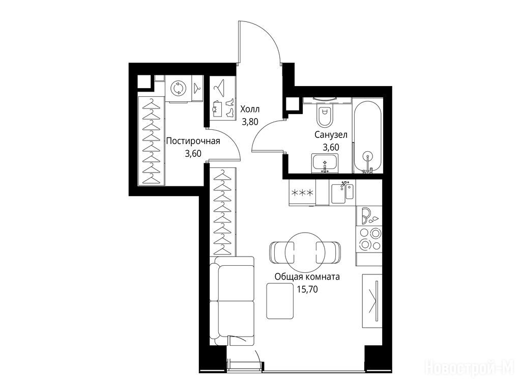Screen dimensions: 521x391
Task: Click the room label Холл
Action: (250, 109)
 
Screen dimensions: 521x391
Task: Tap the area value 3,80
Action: (250, 122)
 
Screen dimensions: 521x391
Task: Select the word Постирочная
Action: (193, 141)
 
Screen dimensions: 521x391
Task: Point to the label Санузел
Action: (331, 134)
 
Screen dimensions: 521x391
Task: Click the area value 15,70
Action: (307, 289)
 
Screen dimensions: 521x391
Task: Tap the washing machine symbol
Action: (179, 88)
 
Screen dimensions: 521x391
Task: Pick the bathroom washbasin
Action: (325, 163)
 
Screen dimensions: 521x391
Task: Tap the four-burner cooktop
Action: (369, 239)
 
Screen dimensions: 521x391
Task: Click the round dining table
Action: (305, 253)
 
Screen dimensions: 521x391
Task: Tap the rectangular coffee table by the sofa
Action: (280, 301)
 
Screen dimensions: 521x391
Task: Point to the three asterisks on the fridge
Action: (302, 193)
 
